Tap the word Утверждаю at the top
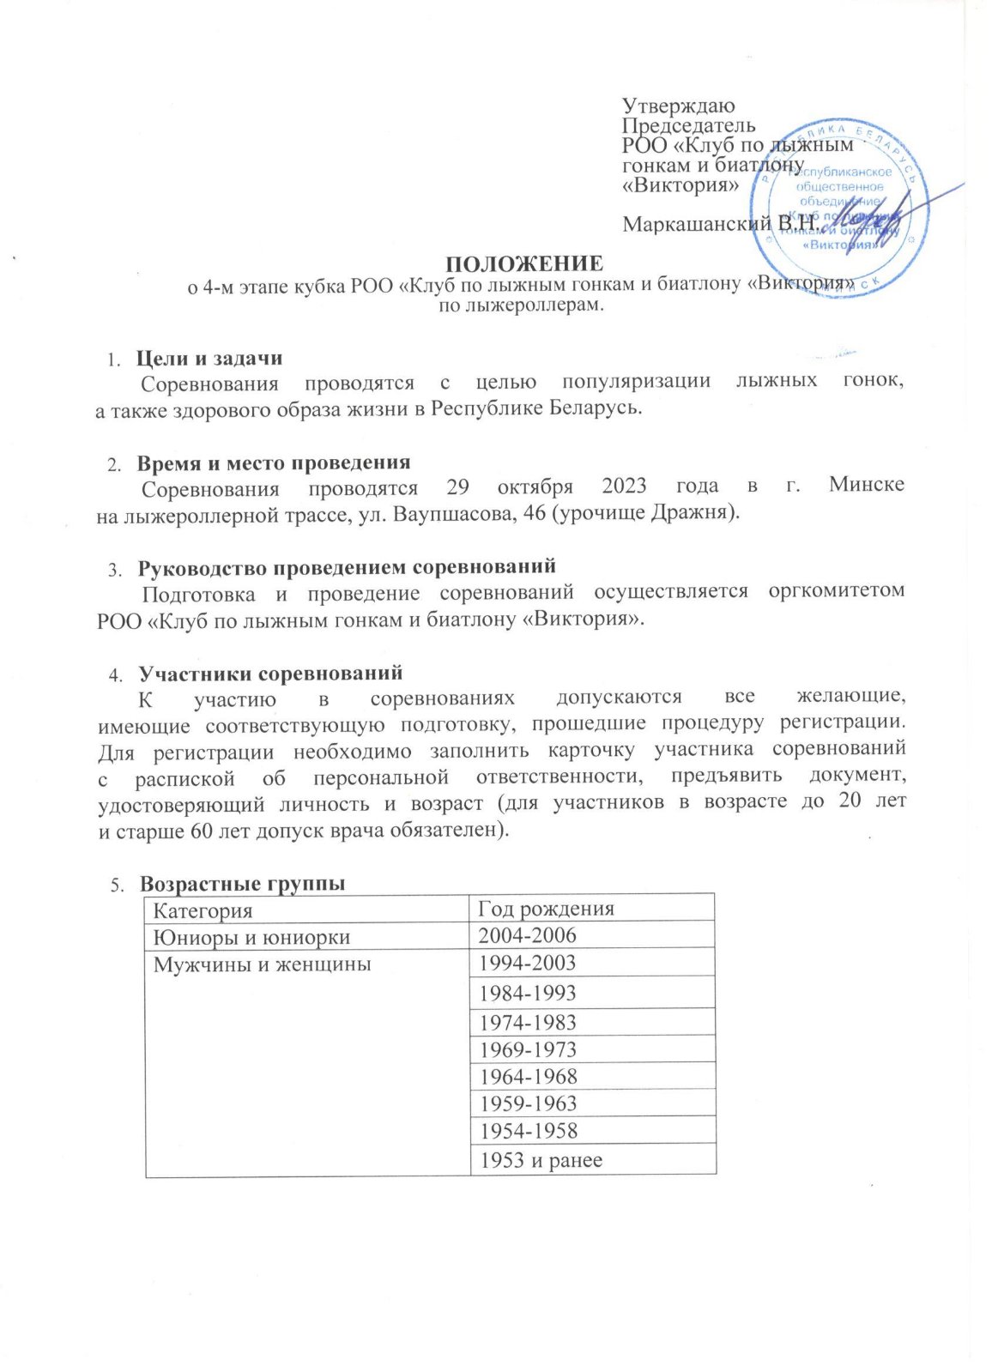pyautogui.click(x=678, y=106)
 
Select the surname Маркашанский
pyautogui.click(x=697, y=225)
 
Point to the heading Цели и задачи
pyautogui.click(x=209, y=359)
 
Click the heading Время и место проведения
pyautogui.click(x=274, y=463)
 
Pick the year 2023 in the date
pyautogui.click(x=624, y=486)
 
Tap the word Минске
pyautogui.click(x=866, y=485)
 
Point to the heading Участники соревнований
pyautogui.click(x=270, y=674)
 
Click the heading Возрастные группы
pyautogui.click(x=243, y=884)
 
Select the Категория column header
pyautogui.click(x=203, y=910)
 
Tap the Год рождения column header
pyautogui.click(x=546, y=909)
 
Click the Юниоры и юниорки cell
pyautogui.click(x=251, y=937)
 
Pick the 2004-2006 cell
pyautogui.click(x=528, y=936)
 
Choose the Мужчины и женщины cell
pyautogui.click(x=262, y=964)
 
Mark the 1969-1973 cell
pyautogui.click(x=528, y=1049)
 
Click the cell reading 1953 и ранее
pyautogui.click(x=541, y=1160)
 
